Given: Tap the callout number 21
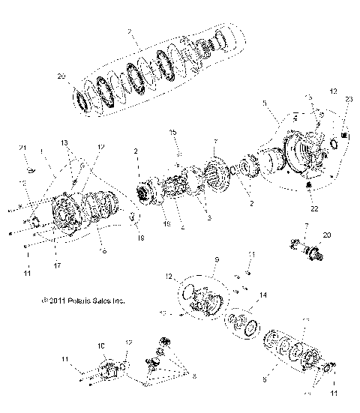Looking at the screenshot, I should [22, 146].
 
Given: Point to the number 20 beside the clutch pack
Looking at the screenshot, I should [61, 76].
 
